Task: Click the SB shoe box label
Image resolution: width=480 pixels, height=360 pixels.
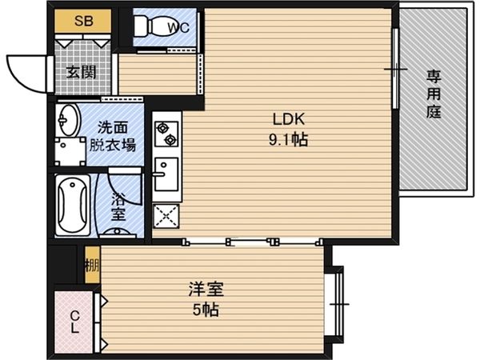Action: click(x=83, y=21)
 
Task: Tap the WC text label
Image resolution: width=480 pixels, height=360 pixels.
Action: click(x=178, y=29)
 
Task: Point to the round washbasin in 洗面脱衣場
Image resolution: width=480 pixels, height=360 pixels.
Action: click(x=68, y=122)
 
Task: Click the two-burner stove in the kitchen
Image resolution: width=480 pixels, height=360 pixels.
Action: click(x=166, y=133)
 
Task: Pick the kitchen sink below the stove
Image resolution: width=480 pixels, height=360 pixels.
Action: click(x=165, y=174)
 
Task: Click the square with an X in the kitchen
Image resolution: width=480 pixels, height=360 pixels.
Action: click(x=166, y=215)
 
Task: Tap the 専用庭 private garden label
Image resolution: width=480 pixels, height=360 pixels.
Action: click(x=434, y=94)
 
